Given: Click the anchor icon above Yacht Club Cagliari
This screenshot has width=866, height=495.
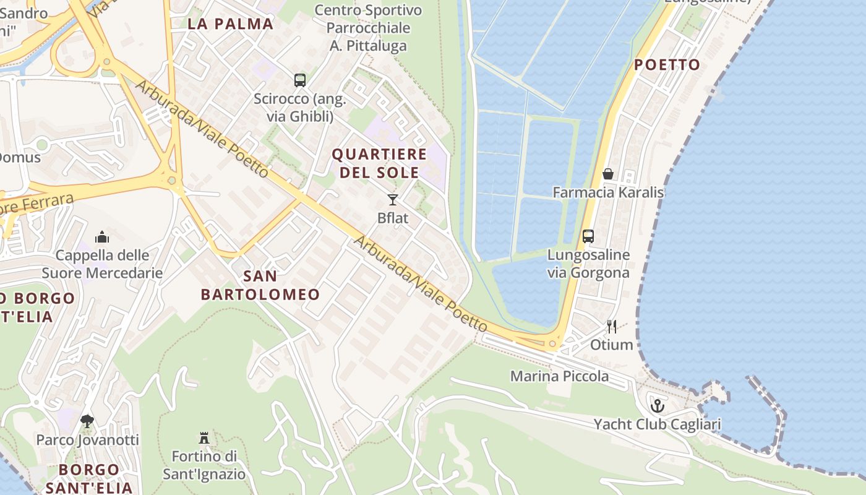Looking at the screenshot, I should pos(658,406).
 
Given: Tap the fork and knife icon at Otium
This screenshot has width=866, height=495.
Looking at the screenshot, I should pos(612,327).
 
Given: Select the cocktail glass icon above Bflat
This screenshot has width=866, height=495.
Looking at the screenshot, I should pos(392,199).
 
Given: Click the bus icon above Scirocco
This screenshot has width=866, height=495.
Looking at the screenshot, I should pos(300,80).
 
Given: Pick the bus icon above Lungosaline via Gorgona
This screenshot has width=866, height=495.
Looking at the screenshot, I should pos(588,236).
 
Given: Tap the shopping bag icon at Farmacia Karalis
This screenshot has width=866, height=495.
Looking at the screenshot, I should pos(608,174).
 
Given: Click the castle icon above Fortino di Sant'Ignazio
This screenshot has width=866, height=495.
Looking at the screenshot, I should pos(204,438).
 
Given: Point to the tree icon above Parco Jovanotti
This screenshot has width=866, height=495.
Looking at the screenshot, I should pos(87,421).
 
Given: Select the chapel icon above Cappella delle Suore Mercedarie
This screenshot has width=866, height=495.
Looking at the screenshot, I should pos(102,236).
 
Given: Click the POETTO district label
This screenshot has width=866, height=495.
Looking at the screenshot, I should pos(667,65).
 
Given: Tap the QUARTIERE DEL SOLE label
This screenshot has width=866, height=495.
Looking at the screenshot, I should pos(380,163).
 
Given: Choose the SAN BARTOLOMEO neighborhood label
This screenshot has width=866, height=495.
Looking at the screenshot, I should pos(260,285).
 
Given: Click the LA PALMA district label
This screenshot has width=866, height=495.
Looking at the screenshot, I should pos(230,24).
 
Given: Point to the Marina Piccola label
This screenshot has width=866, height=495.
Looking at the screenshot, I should pos(559,376).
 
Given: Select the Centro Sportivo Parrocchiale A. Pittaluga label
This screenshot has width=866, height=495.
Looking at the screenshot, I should pos(368,28).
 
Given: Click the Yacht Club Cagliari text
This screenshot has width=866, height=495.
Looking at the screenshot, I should pos(657,424).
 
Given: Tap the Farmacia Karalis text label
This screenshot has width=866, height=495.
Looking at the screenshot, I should pos(608,192).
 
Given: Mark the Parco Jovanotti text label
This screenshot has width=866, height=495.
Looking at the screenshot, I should pos(87,440).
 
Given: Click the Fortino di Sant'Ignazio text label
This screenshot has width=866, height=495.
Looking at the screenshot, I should pos(204,465).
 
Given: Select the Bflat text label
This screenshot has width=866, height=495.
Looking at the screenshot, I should pos(392,218).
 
